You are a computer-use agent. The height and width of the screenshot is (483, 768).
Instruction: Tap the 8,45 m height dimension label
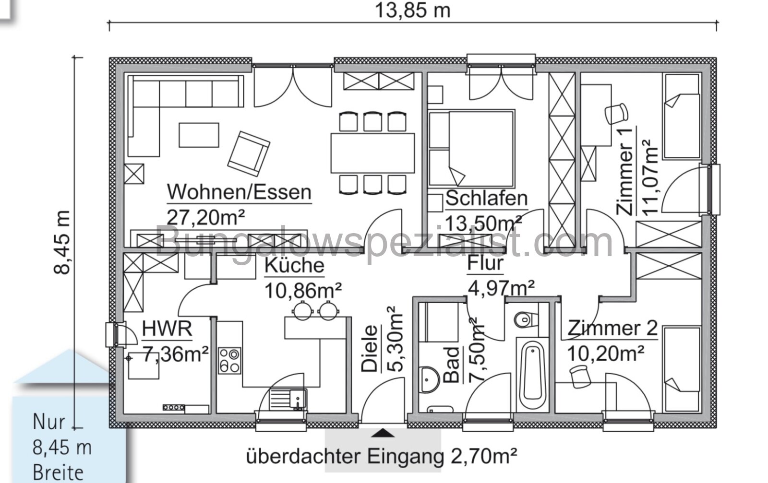tap(63, 242)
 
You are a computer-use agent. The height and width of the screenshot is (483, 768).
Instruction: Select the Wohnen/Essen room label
tap(239, 192)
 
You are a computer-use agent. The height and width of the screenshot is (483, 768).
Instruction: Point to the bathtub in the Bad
tap(531, 375)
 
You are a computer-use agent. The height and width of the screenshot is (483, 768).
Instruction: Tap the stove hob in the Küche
tap(229, 361)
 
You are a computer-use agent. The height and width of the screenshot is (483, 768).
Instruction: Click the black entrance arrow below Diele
tap(383, 434)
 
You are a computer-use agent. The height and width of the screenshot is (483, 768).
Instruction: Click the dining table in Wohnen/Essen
tap(372, 153)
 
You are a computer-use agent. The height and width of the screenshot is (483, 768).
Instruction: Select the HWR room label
tap(167, 329)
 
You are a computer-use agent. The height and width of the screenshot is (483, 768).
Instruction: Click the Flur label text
tap(485, 263)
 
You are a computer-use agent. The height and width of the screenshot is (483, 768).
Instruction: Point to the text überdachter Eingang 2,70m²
tap(382, 456)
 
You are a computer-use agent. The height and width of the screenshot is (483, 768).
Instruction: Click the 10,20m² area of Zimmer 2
tap(606, 354)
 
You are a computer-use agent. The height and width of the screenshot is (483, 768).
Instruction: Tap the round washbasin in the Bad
tap(428, 380)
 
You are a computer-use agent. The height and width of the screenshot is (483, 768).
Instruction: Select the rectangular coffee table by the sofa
tap(199, 135)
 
